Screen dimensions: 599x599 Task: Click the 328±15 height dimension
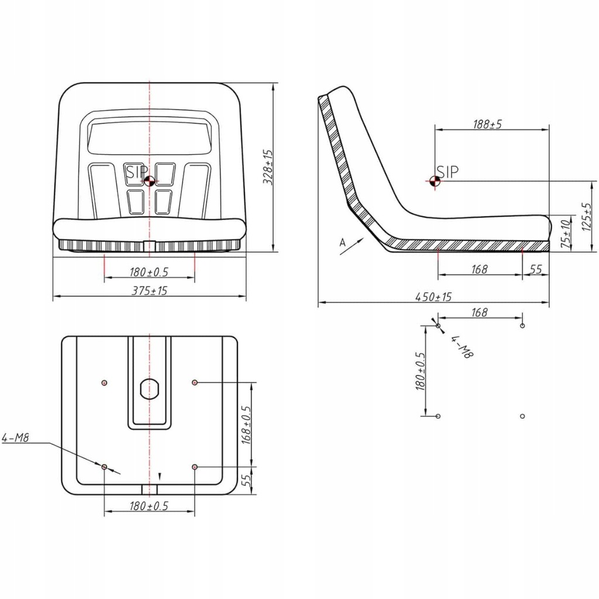[268, 167]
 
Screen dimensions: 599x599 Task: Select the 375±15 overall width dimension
[150, 290]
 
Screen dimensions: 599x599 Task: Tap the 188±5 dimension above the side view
[487, 125]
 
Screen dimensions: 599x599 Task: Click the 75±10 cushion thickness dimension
[564, 234]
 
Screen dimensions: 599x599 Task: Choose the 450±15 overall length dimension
[433, 297]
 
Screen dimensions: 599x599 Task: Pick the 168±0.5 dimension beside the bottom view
[246, 424]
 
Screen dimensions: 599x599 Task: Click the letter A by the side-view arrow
[342, 241]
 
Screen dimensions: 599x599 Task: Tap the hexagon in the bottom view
[150, 388]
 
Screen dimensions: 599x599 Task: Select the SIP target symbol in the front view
[150, 181]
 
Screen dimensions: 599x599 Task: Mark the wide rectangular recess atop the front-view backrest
[149, 139]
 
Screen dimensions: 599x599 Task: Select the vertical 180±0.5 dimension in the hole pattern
[419, 371]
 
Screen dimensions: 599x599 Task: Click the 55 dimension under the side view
[536, 269]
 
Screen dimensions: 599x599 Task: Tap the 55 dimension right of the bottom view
[246, 480]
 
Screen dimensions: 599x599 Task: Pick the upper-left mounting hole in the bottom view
[104, 383]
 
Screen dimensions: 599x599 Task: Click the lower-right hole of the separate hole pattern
[522, 416]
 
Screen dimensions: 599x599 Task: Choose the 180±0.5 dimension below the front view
[149, 271]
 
